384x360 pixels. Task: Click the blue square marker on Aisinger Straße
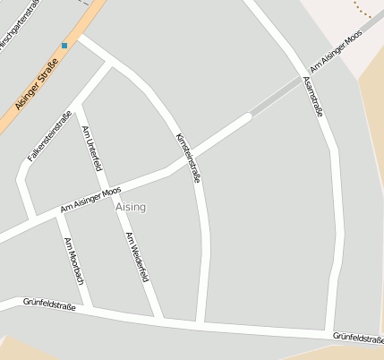click(x=64, y=45)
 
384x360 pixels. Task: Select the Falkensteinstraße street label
click(x=49, y=135)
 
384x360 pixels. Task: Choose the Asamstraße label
click(x=312, y=97)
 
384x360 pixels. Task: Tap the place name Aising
click(x=131, y=207)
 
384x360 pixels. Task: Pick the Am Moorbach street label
click(x=74, y=261)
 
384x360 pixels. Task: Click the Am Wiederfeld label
click(x=137, y=257)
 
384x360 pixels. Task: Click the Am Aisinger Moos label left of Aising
click(x=90, y=201)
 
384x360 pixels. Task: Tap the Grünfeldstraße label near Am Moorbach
click(x=50, y=304)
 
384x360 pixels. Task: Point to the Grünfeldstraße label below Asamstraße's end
click(x=358, y=337)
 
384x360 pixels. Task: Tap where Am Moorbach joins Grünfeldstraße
click(x=92, y=308)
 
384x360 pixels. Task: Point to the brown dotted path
click(x=363, y=11)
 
